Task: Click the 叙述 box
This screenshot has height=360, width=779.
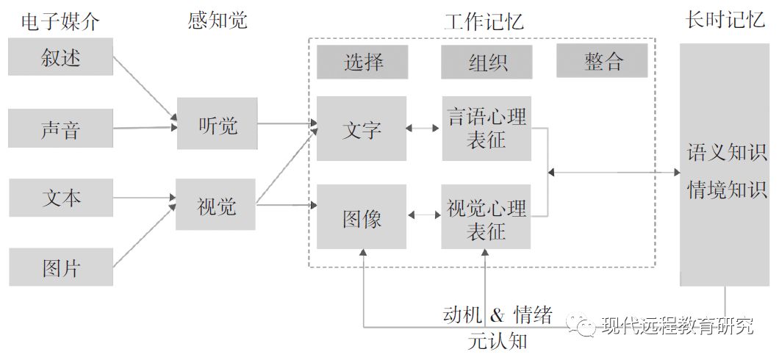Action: click(61, 57)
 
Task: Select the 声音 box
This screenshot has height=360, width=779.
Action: click(61, 129)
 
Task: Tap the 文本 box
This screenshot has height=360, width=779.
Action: click(61, 198)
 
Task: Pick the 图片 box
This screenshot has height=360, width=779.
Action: click(61, 267)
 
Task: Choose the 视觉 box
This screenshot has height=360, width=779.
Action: click(216, 205)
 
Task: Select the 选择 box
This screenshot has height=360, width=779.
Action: click(362, 62)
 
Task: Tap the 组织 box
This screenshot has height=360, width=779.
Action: click(487, 62)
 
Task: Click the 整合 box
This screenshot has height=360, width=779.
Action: click(603, 61)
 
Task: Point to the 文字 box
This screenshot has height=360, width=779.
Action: click(362, 129)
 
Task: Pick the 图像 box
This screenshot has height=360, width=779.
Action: click(362, 217)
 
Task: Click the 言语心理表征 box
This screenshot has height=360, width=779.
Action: click(487, 129)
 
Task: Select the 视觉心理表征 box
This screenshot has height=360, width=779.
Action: click(487, 217)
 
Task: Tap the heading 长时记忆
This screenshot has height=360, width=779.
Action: click(724, 20)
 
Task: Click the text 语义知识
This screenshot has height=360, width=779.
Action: click(726, 153)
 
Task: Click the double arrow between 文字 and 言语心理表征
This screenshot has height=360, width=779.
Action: click(424, 128)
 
